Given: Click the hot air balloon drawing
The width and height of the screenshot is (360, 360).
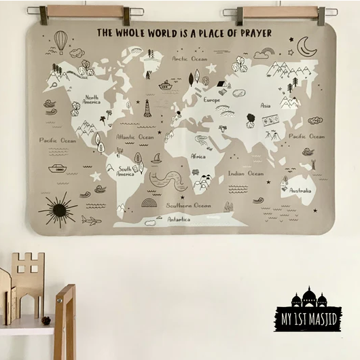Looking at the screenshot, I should coord(61,41).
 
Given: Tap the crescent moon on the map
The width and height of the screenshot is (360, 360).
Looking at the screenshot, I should coord(306,46).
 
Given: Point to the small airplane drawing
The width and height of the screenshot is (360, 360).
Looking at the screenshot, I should coord(91,220).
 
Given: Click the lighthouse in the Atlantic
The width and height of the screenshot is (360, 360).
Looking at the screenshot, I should coord(147,108).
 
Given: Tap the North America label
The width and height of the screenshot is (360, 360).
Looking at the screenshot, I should coord(92,100).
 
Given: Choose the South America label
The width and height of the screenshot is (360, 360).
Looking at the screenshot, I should coord(125,171).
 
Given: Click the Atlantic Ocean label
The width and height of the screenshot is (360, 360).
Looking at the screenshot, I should coord(134,137).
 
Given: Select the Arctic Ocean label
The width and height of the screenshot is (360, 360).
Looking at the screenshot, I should coord(190,59).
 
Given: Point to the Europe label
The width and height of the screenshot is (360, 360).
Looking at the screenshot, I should coord(211,100).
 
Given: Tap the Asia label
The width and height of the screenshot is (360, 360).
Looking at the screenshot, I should coord(266,105).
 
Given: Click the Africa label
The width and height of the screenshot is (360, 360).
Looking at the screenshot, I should coord(198,156).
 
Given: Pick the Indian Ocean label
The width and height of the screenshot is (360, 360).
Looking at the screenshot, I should coord(245,173).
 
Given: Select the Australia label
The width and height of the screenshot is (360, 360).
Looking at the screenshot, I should coord(300,191).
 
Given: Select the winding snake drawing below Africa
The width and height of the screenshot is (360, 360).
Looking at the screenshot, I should coord(168,180).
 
